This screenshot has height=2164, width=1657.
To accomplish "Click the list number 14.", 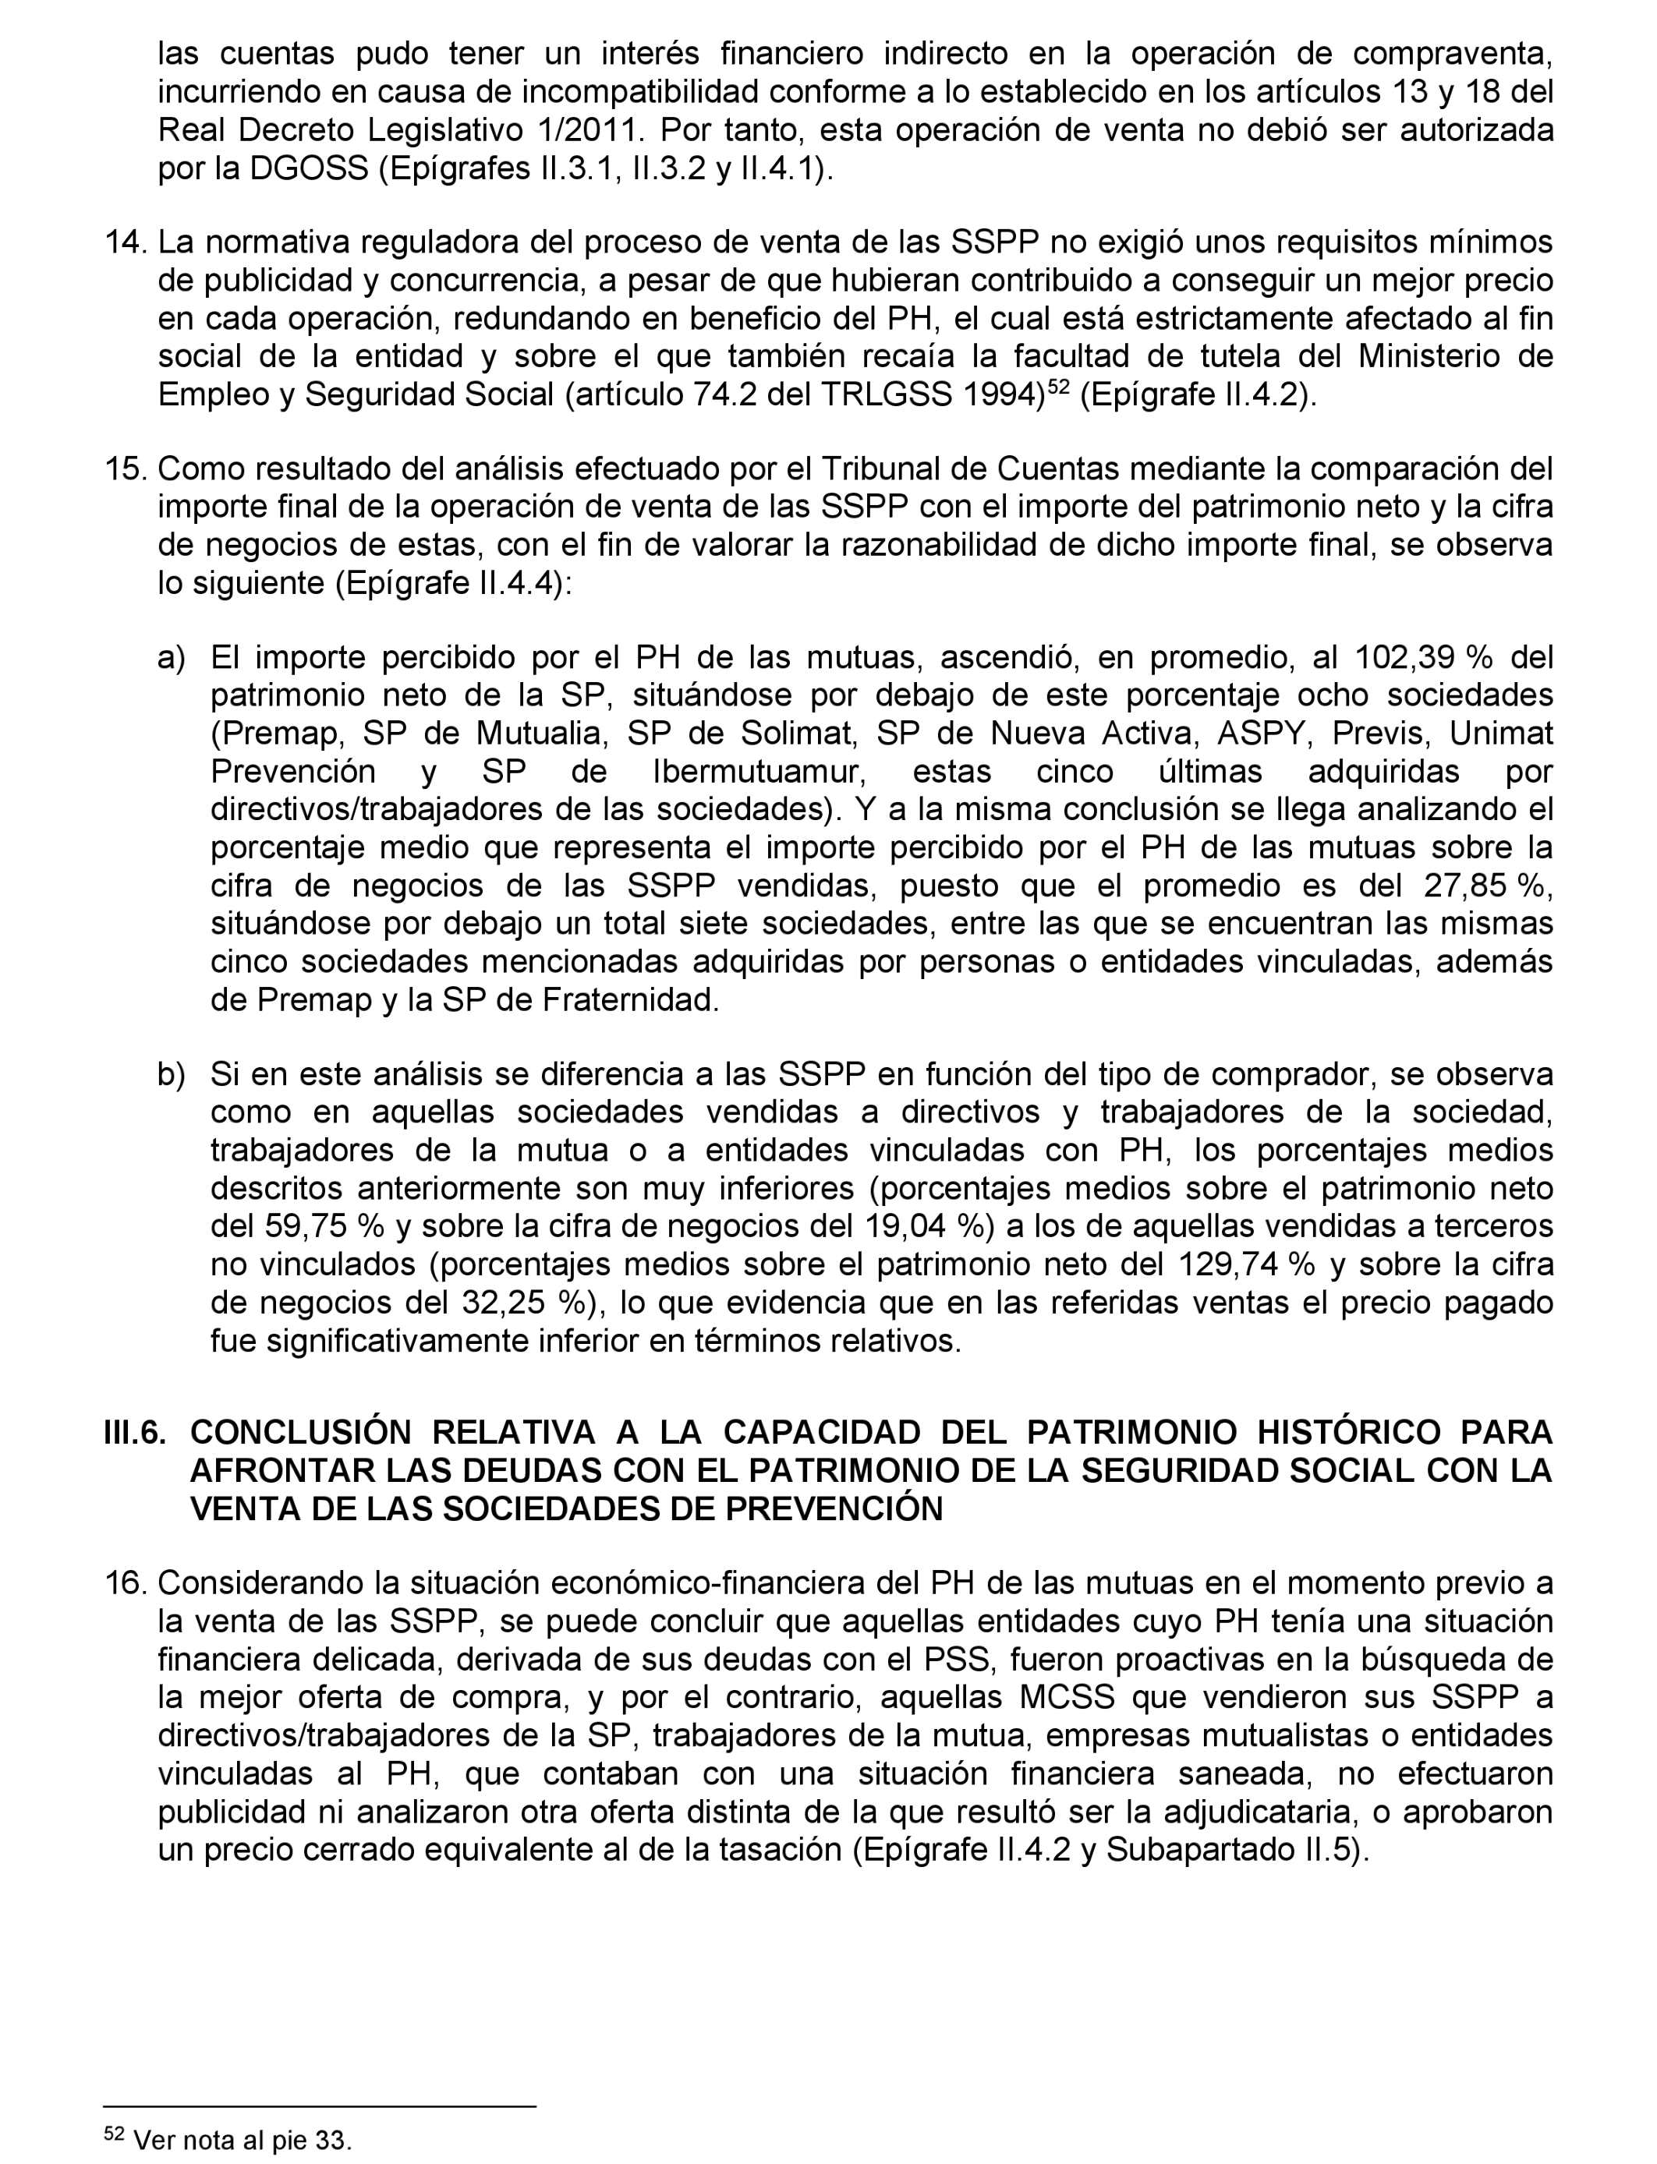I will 126,242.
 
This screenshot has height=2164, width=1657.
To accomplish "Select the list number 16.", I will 126,1583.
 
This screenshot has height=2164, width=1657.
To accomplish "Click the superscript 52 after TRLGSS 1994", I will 1058,387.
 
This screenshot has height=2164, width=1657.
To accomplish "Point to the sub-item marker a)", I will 172,658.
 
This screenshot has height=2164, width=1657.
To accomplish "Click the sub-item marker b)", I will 172,1075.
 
